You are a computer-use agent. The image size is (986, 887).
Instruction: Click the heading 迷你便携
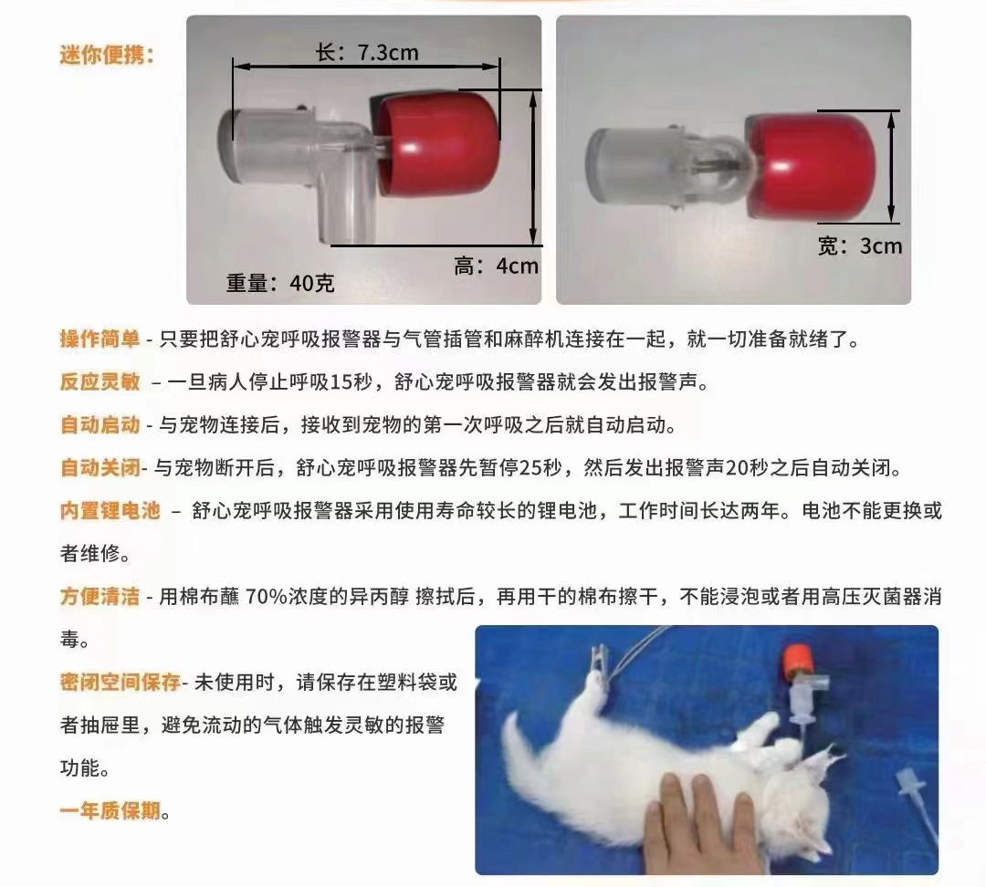coord(106,55)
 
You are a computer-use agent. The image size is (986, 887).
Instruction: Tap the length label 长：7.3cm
coord(367,52)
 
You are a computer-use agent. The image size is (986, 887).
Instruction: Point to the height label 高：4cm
coord(496,266)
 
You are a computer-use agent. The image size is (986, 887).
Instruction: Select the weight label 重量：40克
coord(280,283)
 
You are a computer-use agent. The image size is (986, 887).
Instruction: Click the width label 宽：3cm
coord(860,245)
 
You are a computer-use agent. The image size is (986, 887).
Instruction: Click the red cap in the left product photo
coord(435,143)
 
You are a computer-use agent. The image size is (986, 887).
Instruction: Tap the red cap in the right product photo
coord(809,166)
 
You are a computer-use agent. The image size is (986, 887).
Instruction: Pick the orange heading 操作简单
coord(100,339)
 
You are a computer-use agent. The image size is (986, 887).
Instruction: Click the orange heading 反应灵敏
coord(100,381)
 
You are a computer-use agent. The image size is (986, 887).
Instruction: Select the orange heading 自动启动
coord(100,425)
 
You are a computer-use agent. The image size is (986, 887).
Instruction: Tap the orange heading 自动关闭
coord(100,468)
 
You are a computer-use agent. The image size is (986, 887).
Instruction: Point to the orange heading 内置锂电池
coord(110,510)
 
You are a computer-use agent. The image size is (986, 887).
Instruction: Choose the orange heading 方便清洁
coord(100,596)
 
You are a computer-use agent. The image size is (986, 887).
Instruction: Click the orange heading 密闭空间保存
coord(121,682)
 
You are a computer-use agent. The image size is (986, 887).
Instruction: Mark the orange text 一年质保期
coord(110,810)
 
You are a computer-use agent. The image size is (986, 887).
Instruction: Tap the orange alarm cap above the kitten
coord(797,660)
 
